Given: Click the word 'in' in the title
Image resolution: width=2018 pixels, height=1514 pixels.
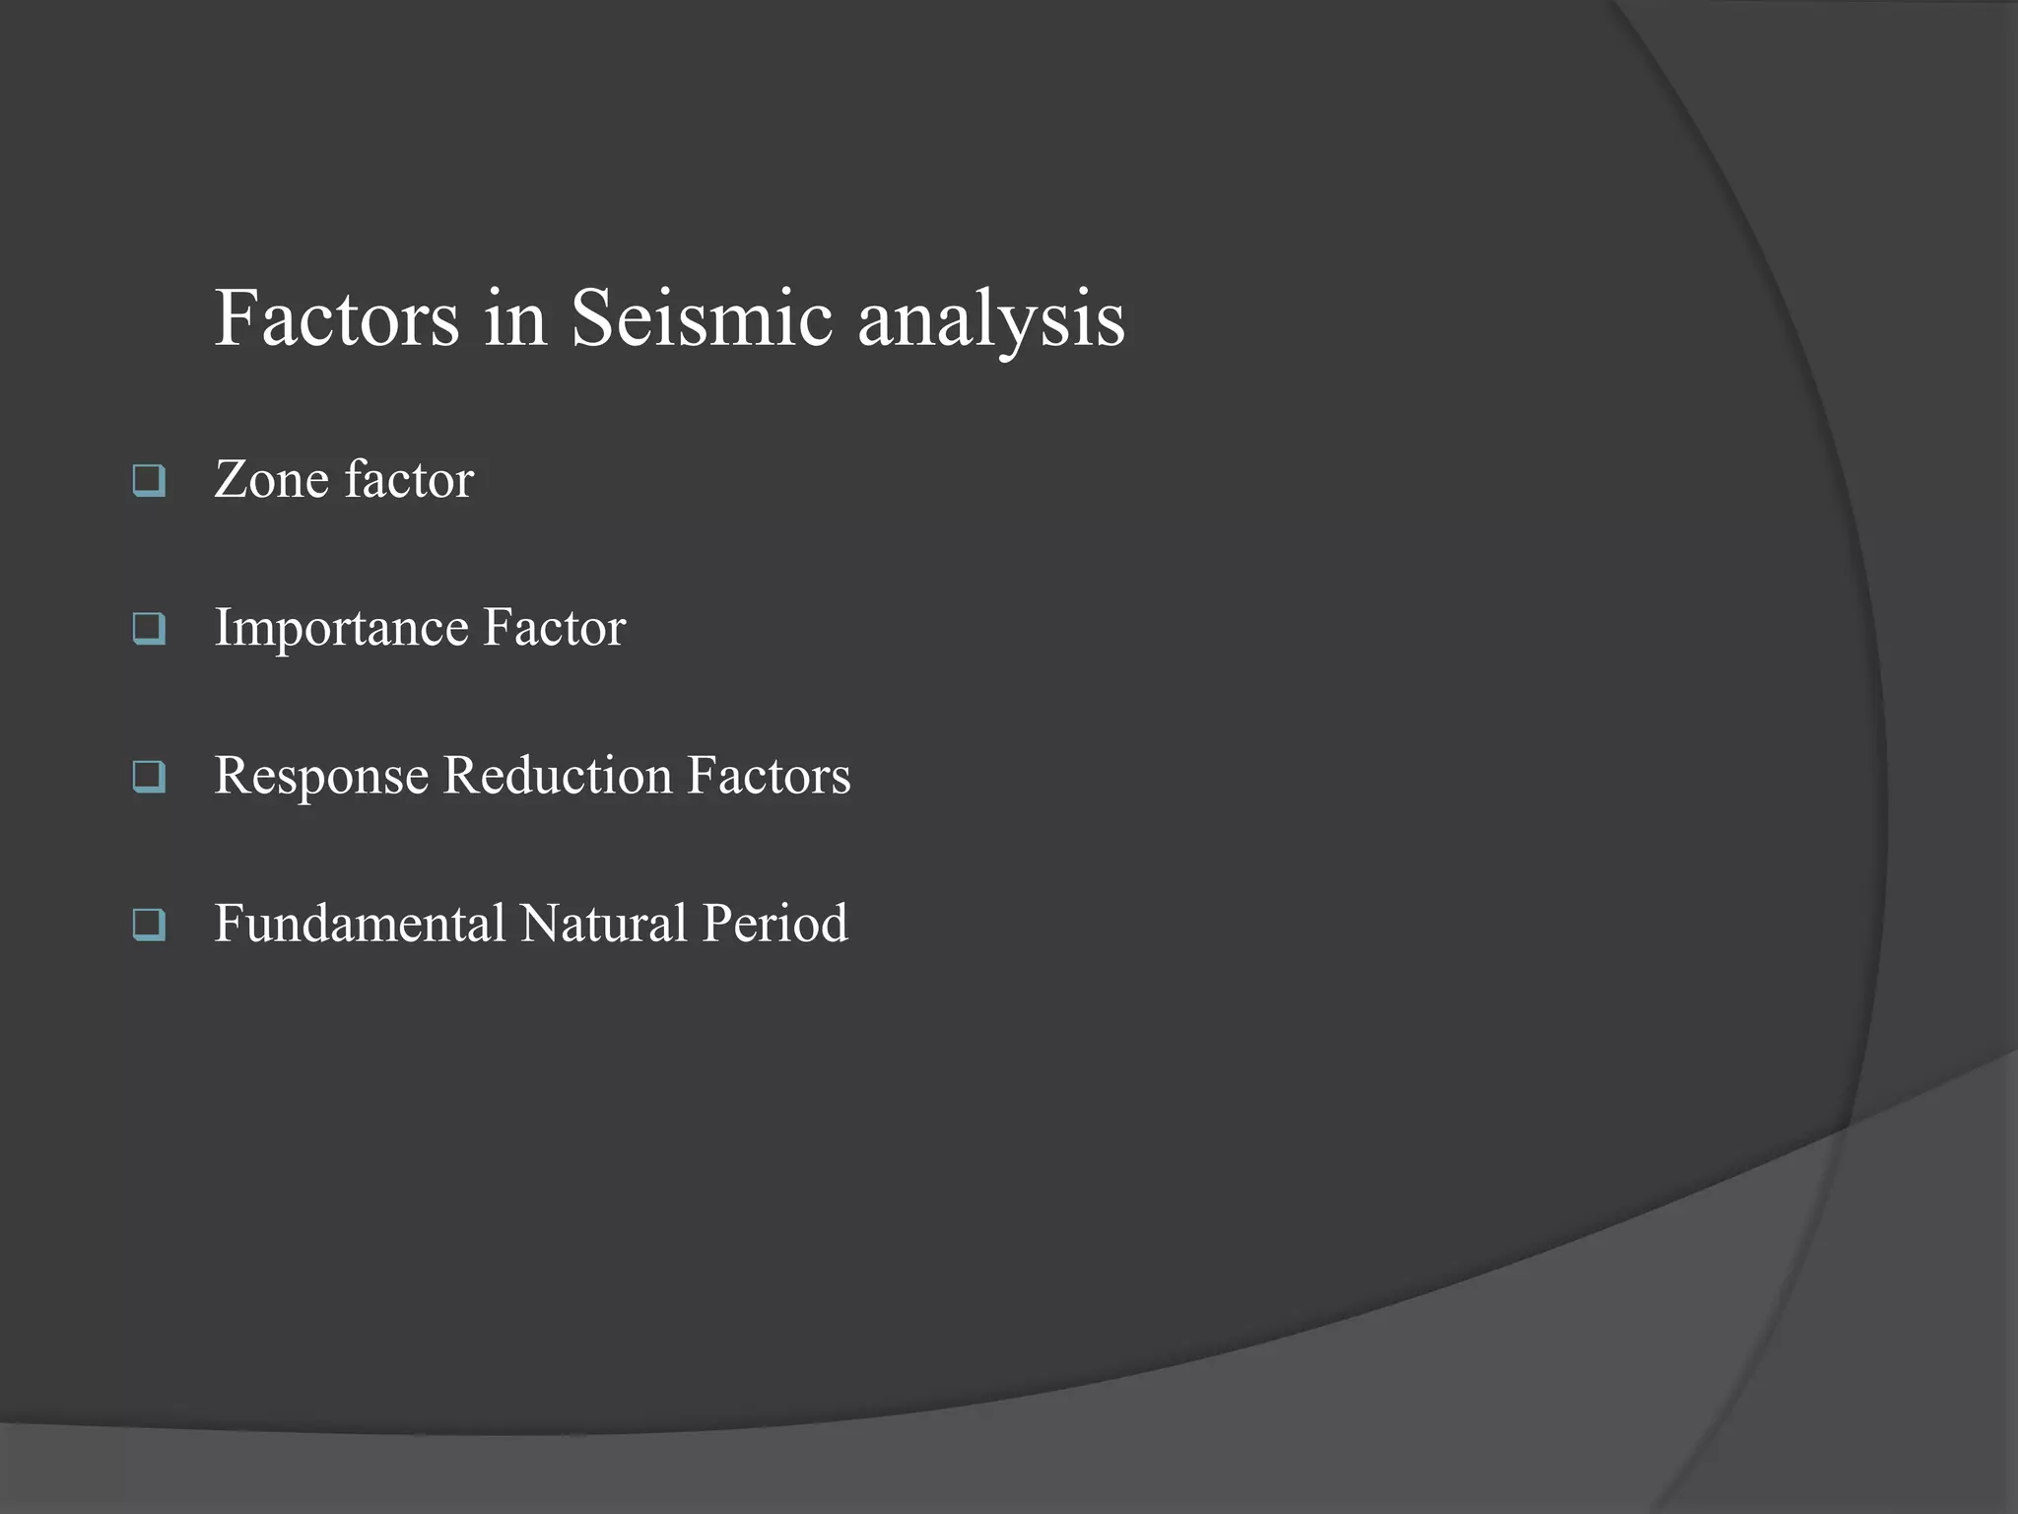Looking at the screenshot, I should tap(515, 318).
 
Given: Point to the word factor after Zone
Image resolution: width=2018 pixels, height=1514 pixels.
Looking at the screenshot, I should tap(409, 480).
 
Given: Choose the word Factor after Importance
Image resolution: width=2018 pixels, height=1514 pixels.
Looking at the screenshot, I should tap(554, 628).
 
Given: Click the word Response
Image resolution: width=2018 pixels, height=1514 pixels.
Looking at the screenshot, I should tap(321, 777).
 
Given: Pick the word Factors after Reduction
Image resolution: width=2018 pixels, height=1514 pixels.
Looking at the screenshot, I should tap(769, 776).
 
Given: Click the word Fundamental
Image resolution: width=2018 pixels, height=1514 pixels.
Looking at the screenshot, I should tap(360, 924).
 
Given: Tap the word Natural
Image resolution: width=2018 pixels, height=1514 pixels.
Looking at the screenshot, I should tap(603, 924).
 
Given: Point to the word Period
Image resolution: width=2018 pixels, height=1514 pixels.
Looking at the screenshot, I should tap(774, 924).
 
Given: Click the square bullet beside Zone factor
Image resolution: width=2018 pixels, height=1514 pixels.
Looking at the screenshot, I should tap(149, 481).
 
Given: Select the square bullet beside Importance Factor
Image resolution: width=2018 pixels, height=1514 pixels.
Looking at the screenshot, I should tap(149, 629).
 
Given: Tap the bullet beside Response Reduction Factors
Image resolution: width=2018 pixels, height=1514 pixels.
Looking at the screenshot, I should tap(149, 777).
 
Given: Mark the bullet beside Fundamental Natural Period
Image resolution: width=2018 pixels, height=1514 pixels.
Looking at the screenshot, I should tap(149, 925).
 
